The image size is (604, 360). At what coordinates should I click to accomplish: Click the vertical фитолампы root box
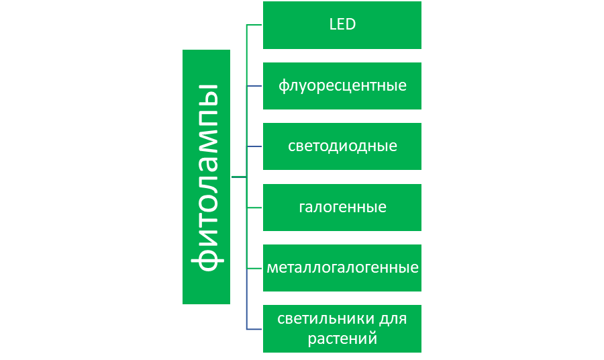pos(206,177)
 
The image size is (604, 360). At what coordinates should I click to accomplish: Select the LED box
pos(342,26)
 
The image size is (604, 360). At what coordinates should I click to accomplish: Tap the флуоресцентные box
pos(342,86)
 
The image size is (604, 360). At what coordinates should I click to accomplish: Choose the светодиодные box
pos(342,146)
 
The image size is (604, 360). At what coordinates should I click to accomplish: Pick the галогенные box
pos(342,207)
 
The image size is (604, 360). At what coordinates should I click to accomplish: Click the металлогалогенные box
pos(342,267)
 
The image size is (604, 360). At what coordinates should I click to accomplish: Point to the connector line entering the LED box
pos(254,26)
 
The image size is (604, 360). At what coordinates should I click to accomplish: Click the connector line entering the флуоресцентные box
pos(254,86)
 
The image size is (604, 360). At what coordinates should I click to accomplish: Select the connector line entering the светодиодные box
pos(254,146)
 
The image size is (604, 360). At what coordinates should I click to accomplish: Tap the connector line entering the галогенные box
pos(254,208)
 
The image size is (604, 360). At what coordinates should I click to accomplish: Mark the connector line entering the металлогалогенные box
pos(254,268)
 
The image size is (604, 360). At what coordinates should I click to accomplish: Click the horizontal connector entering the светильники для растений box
pos(254,329)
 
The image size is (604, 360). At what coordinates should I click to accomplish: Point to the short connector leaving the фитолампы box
pos(238,177)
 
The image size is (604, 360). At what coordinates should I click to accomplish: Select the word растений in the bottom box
pos(342,339)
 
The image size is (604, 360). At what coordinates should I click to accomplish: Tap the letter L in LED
pos(332,26)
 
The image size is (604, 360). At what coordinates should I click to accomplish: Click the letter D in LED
pos(350,26)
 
